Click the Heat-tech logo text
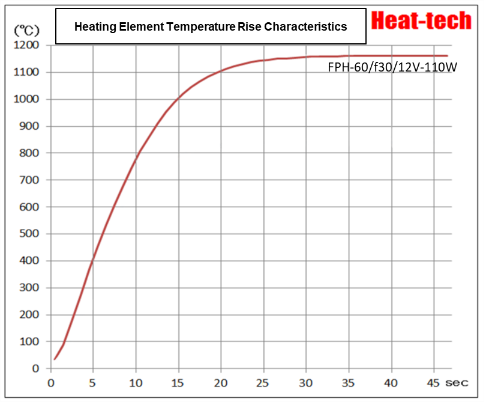pyautogui.click(x=421, y=21)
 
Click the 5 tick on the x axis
pyautogui.click(x=93, y=382)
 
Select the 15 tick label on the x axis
pyautogui.click(x=178, y=382)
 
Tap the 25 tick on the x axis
pyautogui.click(x=263, y=382)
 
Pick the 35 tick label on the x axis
pyautogui.click(x=349, y=382)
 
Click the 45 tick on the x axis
pyautogui.click(x=434, y=382)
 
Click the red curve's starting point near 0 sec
pyautogui.click(x=55, y=359)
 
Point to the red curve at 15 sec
pyautogui.click(x=178, y=100)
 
